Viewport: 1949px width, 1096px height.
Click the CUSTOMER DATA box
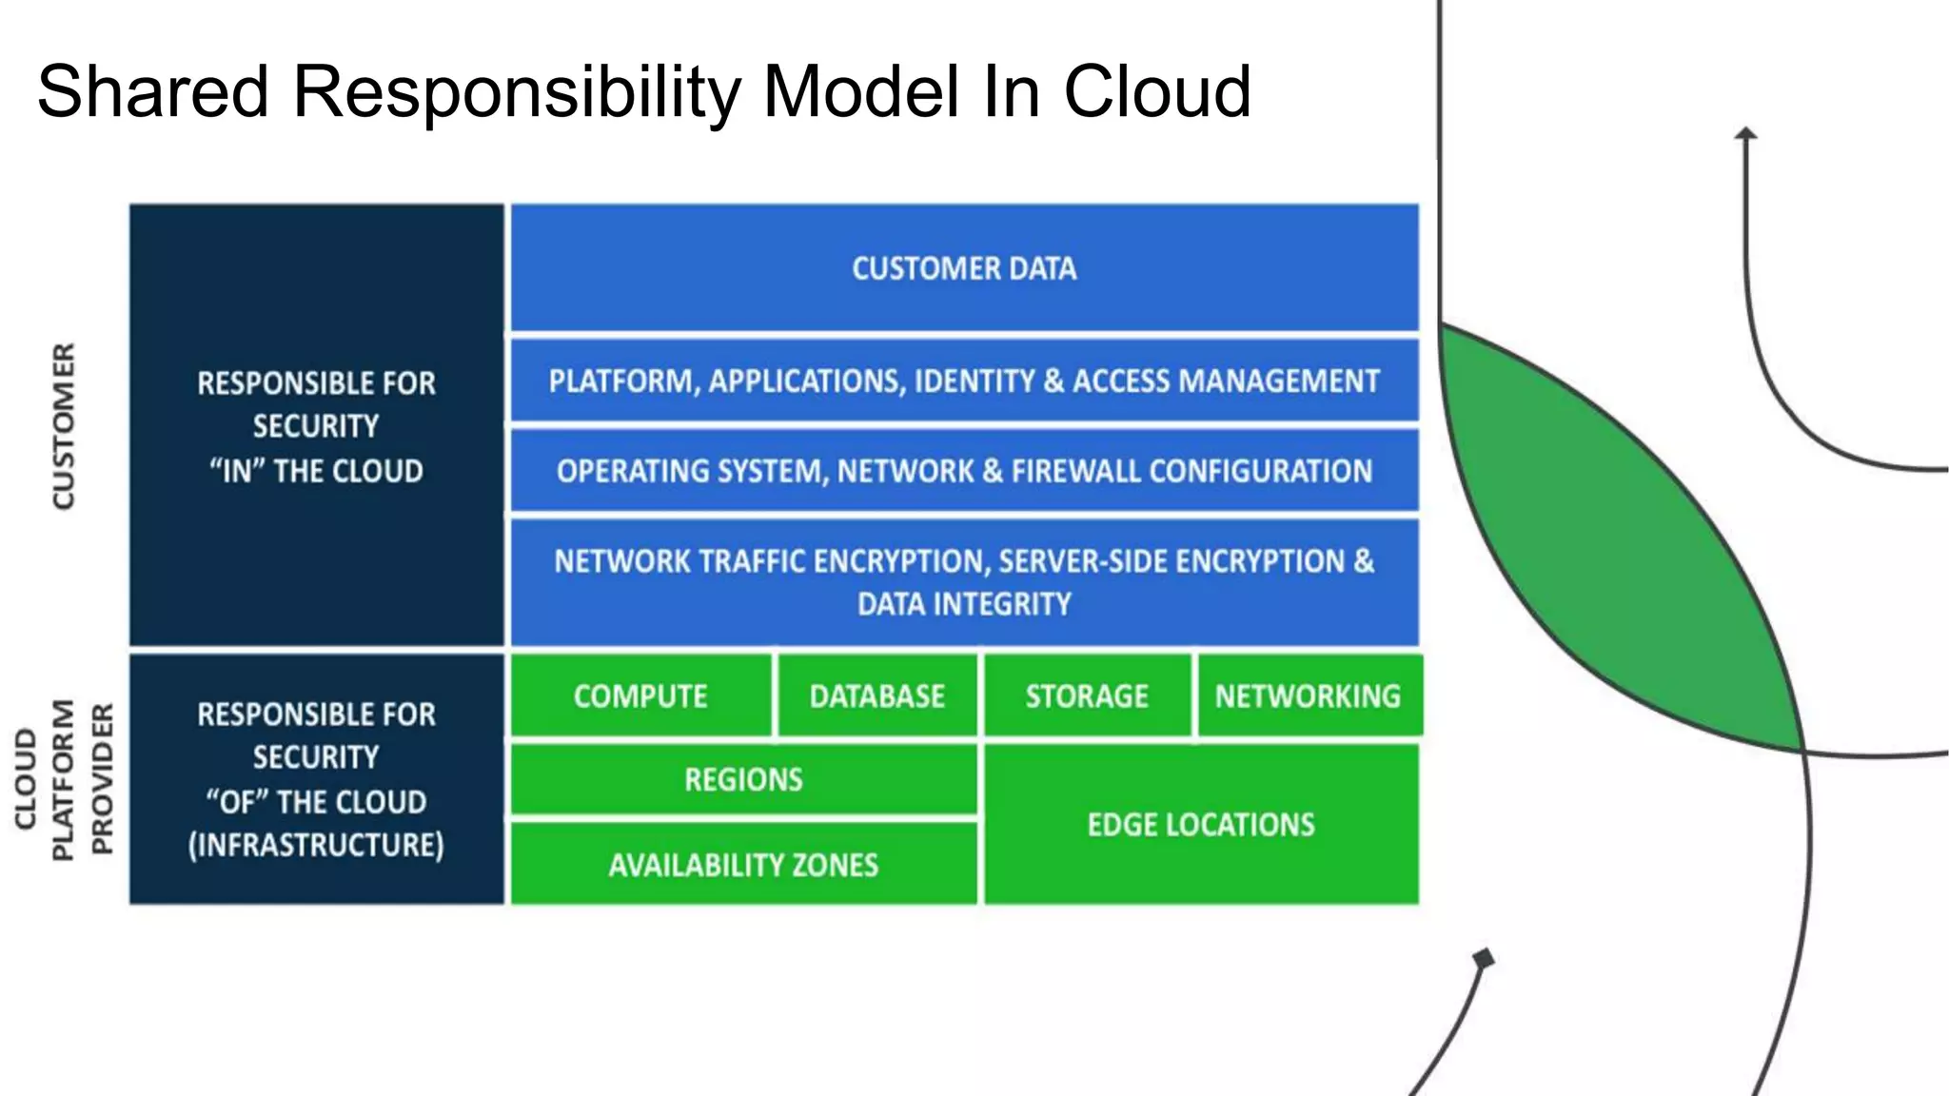click(964, 268)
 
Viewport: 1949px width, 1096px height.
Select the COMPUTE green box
click(640, 696)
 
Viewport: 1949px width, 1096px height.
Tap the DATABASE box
click(876, 696)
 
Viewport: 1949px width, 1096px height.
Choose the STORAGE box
click(1087, 696)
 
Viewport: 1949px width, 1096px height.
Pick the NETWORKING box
click(1308, 696)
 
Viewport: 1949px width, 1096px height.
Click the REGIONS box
click(743, 780)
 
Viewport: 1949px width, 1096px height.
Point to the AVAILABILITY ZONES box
click(743, 865)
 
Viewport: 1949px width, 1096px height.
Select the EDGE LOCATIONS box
click(1201, 824)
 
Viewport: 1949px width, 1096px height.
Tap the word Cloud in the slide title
click(1156, 92)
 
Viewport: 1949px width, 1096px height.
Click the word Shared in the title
click(152, 92)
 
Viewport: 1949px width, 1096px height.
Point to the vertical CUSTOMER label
click(63, 426)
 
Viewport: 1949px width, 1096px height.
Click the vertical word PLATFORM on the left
click(63, 780)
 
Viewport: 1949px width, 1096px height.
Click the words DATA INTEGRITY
click(964, 604)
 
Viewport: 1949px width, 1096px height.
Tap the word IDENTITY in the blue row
click(974, 382)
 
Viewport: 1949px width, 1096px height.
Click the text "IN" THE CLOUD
click(316, 471)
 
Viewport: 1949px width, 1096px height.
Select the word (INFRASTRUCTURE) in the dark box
click(316, 845)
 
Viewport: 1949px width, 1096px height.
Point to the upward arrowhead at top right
click(1745, 134)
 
